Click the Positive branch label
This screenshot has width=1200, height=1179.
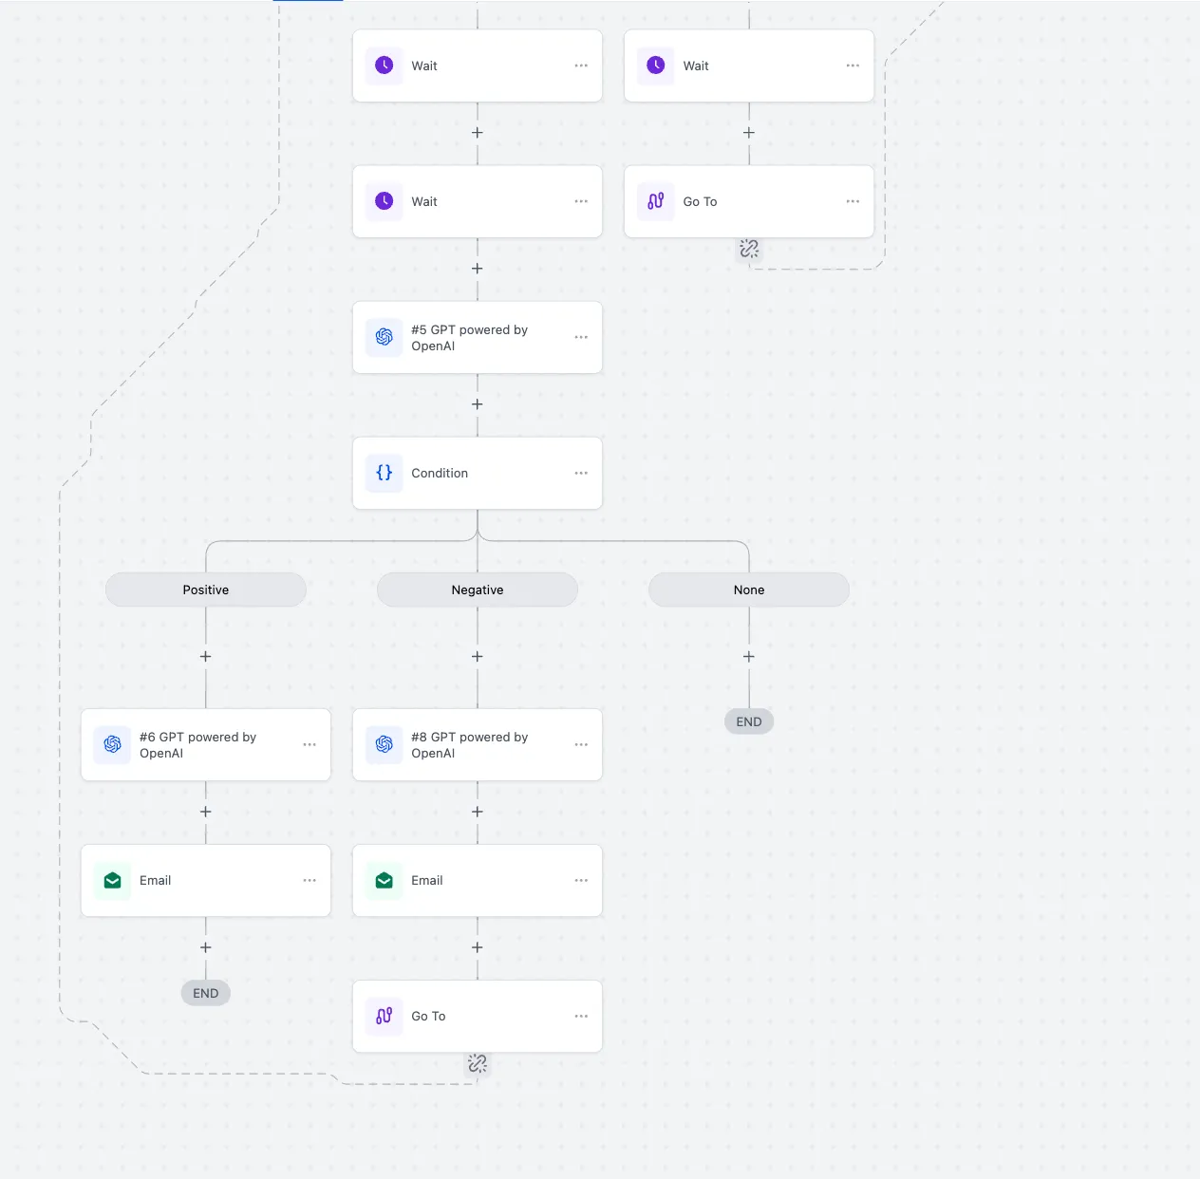[x=205, y=589]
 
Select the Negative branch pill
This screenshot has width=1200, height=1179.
[x=477, y=589]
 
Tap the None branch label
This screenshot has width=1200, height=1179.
[x=748, y=589]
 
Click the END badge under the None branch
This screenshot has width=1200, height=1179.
[x=748, y=721]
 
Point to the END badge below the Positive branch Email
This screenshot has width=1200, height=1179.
[x=205, y=993]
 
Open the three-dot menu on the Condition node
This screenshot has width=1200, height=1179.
[x=581, y=473]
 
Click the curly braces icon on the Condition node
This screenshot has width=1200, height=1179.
[x=384, y=473]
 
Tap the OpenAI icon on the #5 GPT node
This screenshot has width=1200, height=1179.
[x=384, y=337]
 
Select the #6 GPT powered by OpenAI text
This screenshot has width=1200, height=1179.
[x=198, y=744]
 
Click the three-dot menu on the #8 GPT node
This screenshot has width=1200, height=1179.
[x=581, y=744]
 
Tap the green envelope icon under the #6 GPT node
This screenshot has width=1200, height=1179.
[x=113, y=880]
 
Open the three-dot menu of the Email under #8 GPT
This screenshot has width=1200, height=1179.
[x=581, y=880]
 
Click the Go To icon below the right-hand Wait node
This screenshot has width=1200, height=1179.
[x=656, y=201]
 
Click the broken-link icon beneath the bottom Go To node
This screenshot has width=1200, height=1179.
[x=477, y=1063]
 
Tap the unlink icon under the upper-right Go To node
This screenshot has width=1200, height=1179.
[x=748, y=249]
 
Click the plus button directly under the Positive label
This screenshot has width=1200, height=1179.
[x=205, y=657]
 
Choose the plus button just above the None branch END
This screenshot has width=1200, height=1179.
[x=748, y=657]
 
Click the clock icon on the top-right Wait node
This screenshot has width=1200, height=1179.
[x=656, y=65]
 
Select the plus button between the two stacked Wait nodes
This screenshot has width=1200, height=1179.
[x=477, y=133]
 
